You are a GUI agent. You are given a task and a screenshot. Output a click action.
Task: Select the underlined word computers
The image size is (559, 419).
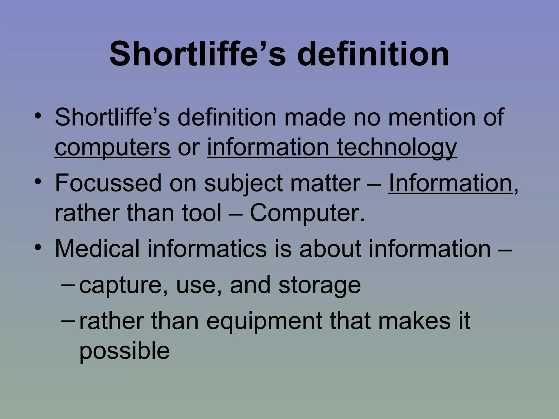(112, 147)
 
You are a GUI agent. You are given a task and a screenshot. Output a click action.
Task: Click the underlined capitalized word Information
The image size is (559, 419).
(450, 183)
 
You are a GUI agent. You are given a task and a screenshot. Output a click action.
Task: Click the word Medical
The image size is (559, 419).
(97, 249)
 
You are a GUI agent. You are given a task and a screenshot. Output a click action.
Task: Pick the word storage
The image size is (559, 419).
(319, 285)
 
